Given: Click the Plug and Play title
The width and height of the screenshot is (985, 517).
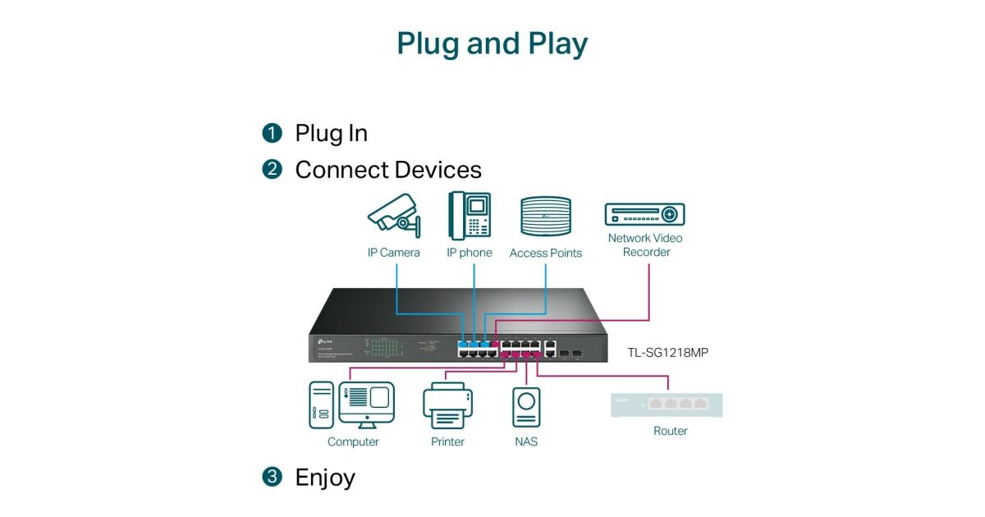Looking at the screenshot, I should (492, 43).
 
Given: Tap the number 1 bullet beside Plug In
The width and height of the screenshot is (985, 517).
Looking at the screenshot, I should (272, 133).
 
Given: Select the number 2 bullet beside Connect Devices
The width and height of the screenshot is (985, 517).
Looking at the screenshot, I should (272, 170).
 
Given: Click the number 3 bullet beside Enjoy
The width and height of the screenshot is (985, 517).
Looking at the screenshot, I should (272, 477).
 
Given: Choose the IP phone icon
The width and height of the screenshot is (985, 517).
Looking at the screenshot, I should (470, 216).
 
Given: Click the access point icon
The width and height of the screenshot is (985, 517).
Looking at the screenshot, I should (545, 217).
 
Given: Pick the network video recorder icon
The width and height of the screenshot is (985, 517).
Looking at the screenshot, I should (645, 214).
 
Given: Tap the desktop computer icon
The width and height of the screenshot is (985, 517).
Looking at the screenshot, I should (351, 405).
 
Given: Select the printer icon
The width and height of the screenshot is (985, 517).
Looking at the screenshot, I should (447, 405).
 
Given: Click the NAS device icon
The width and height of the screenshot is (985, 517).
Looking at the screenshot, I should (526, 406).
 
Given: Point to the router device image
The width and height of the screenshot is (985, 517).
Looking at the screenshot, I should (667, 405).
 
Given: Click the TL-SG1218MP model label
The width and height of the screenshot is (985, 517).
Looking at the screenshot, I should (667, 353).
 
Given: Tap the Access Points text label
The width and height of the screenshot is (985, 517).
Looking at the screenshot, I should (546, 253).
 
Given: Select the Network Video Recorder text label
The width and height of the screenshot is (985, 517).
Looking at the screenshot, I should (645, 245).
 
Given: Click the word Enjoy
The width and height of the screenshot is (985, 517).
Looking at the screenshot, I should (325, 477).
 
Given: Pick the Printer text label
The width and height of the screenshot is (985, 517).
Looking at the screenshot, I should (447, 442).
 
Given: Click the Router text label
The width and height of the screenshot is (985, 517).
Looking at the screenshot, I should (670, 431).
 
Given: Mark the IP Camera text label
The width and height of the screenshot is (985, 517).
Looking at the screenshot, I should (393, 253).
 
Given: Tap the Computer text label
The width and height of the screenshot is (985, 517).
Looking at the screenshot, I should (353, 442).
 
